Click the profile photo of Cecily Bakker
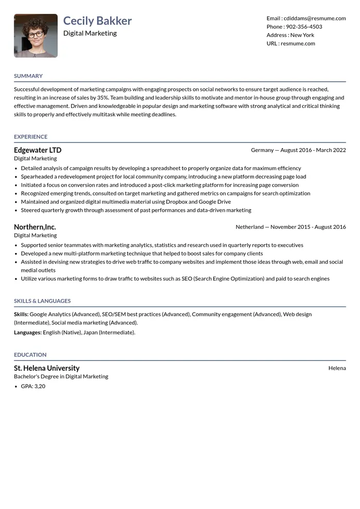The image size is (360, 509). click(35, 35)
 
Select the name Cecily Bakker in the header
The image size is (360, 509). click(97, 21)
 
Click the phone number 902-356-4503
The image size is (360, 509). click(304, 27)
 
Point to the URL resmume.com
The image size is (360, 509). click(298, 44)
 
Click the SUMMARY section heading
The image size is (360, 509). click(28, 76)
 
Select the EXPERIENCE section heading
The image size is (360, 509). click(30, 137)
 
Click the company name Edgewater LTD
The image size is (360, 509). click(38, 150)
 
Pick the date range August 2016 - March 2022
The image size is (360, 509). click(313, 150)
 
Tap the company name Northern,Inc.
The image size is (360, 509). click(35, 227)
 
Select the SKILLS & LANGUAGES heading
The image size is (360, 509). click(42, 301)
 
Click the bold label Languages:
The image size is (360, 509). click(28, 333)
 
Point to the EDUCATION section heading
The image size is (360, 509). click(30, 355)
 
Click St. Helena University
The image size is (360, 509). click(47, 368)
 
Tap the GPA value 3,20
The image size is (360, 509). click(40, 386)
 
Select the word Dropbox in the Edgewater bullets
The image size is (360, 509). click(176, 202)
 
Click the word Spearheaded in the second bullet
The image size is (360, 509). click(39, 177)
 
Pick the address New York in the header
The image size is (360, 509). click(302, 35)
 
